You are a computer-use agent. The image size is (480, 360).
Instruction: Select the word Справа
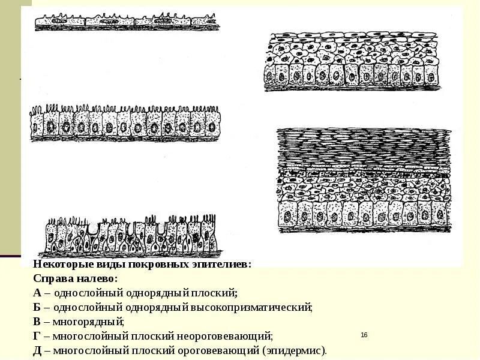53,279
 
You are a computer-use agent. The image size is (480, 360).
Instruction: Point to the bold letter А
37,293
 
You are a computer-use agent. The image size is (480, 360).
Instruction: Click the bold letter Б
37,307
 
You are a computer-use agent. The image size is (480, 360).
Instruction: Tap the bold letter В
37,322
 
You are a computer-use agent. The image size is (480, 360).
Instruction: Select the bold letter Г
37,336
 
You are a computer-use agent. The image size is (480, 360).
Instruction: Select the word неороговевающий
231,336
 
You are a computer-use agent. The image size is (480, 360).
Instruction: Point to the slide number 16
364,335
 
